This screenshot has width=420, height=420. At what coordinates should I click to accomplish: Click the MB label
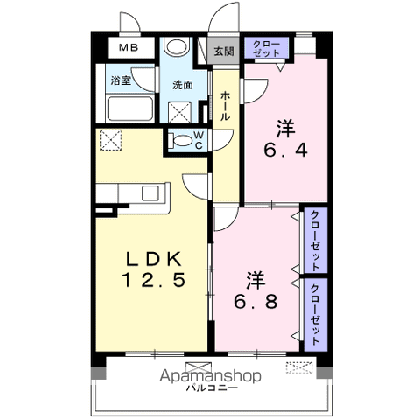tap(129, 47)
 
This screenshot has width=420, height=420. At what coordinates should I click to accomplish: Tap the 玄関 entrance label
tap(224, 52)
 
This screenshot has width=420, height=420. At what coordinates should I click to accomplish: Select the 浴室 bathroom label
tap(121, 80)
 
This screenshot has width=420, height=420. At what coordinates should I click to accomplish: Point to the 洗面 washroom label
tap(183, 85)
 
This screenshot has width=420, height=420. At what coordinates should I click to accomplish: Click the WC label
tap(199, 140)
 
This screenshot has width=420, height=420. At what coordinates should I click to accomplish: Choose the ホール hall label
tap(225, 106)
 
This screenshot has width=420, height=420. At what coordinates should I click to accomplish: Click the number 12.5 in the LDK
tap(154, 280)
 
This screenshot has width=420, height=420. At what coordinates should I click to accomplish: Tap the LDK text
tap(154, 259)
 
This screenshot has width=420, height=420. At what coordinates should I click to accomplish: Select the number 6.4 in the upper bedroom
tap(285, 150)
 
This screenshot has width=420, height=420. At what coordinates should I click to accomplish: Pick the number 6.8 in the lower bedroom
tap(255, 302)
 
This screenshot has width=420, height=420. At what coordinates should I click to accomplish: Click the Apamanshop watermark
tap(210, 376)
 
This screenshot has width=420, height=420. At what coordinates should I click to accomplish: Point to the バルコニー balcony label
tap(213, 388)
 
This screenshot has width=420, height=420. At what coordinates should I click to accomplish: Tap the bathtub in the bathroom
tap(130, 108)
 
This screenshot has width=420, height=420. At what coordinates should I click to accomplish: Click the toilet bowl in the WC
tap(181, 141)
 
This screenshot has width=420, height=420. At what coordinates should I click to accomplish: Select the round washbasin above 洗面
tap(177, 46)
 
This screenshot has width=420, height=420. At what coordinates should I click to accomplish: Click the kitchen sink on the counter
tap(150, 193)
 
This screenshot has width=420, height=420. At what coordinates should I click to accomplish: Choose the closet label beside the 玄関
tap(266, 48)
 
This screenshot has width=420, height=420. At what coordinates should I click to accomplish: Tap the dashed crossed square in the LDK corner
tap(110, 140)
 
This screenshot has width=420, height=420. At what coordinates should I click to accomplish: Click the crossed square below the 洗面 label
tap(180, 112)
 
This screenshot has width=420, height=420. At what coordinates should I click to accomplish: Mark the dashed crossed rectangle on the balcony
tap(299, 367)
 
